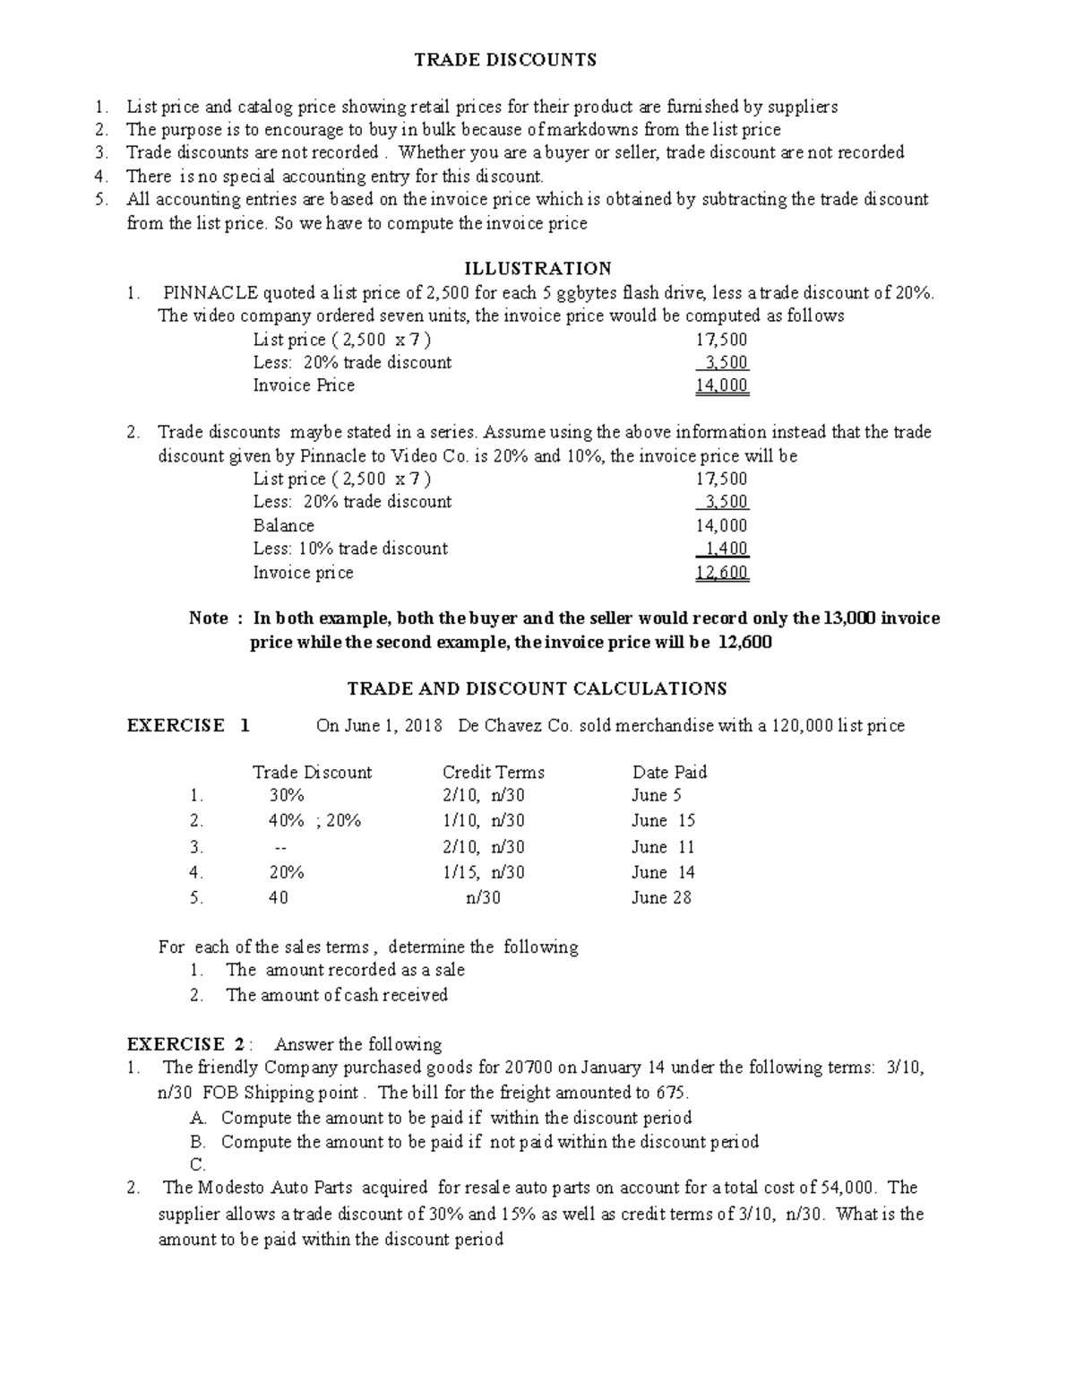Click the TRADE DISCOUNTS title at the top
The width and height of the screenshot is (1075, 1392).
pos(504,60)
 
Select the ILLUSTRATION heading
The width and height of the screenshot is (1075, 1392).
pos(537,268)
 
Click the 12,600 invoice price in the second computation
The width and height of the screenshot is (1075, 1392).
pos(722,573)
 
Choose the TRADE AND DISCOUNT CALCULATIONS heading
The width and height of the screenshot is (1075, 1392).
pos(537,688)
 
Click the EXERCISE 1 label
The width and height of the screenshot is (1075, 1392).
pos(188,725)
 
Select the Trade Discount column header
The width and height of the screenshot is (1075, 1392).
pos(312,773)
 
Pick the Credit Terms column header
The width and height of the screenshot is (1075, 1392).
pos(493,773)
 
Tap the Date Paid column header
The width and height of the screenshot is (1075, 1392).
pos(669,773)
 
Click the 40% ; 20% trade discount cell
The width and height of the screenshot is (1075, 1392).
pos(314,820)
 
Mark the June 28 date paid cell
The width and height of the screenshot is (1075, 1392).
pos(661,897)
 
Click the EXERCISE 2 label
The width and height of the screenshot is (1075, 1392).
pos(185,1044)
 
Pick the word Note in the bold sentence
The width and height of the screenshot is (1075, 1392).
pos(209,618)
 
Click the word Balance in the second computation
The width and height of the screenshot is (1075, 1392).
pos(283,526)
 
